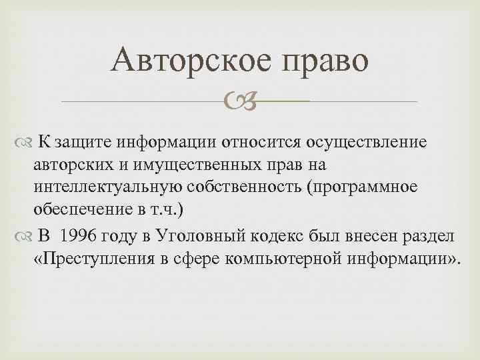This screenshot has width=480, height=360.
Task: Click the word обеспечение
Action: pyautogui.click(x=75, y=211)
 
